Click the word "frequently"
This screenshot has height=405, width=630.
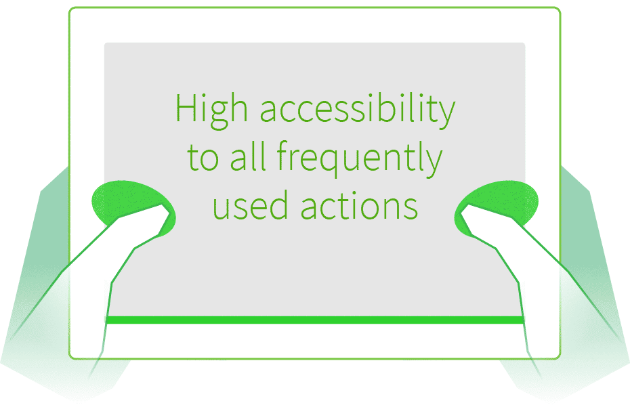(x=360, y=158)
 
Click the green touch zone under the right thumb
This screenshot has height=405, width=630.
(x=496, y=208)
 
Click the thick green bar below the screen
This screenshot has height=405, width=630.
(x=314, y=320)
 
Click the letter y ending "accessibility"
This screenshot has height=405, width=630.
(x=447, y=114)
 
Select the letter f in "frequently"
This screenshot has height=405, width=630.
(x=284, y=156)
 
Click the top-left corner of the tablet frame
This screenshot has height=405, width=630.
(x=69, y=7)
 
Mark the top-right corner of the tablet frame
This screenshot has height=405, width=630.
(x=560, y=7)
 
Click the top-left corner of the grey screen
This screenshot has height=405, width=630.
(x=104, y=43)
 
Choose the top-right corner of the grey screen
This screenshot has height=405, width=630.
(x=525, y=43)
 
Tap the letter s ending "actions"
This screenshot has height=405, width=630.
(x=411, y=209)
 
